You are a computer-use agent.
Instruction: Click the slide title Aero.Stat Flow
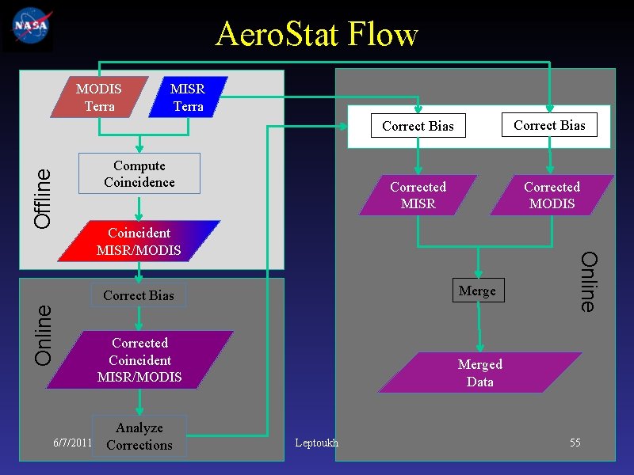tap(316, 34)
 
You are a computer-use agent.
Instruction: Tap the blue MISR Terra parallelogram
tap(188, 97)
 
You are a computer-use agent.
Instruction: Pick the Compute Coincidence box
tap(139, 173)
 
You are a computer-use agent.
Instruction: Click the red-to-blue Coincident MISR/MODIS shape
tap(139, 241)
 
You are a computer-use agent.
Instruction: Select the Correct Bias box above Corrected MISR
tap(418, 126)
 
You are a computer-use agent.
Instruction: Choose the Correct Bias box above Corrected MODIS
tap(549, 125)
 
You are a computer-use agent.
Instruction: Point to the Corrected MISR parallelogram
tap(418, 195)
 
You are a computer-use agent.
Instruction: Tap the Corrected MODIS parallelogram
tap(552, 195)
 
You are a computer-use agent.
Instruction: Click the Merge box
tap(477, 291)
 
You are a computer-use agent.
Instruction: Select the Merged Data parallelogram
tap(480, 373)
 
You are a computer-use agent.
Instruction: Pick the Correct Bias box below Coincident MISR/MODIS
tap(139, 295)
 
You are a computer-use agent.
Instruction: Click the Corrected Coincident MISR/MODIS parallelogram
tap(139, 359)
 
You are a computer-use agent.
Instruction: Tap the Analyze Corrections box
tap(139, 436)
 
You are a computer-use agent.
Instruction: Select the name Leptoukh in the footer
tap(315, 443)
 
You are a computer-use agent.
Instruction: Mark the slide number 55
tap(575, 443)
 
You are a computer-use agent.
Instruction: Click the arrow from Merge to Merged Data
tap(478, 328)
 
